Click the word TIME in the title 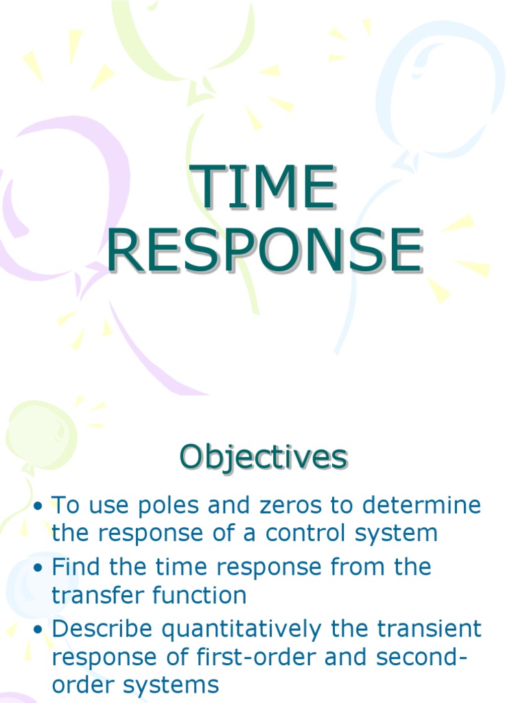click(264, 187)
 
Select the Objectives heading click(263, 457)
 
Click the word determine click(422, 507)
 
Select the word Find click(75, 568)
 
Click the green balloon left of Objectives click(41, 433)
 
